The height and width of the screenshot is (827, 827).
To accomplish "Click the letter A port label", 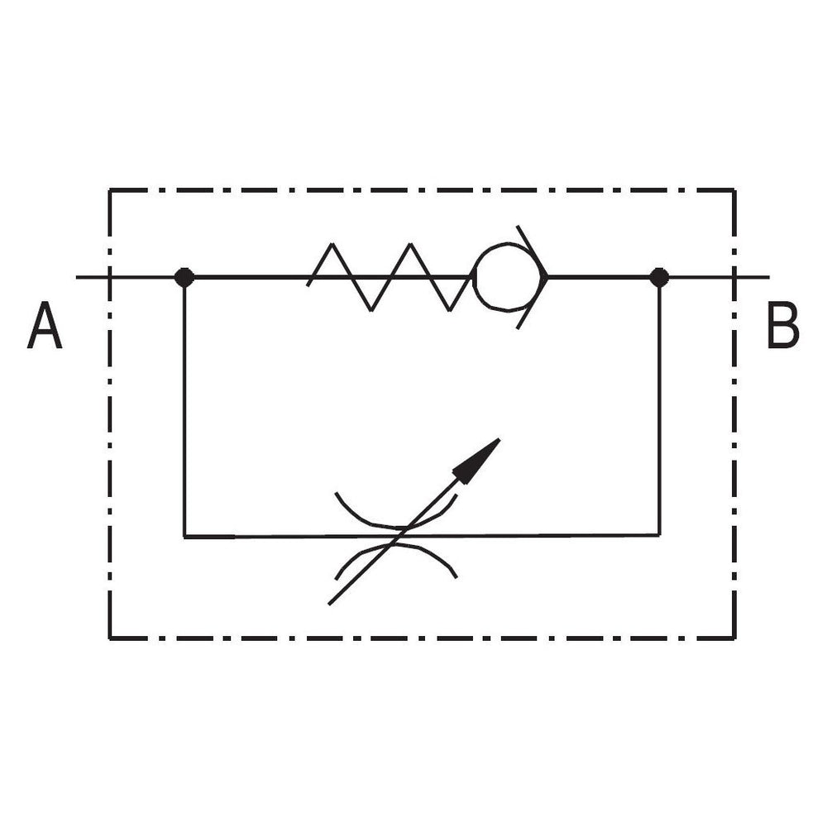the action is pyautogui.click(x=45, y=325).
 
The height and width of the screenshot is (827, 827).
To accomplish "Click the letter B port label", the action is pyautogui.click(x=782, y=325).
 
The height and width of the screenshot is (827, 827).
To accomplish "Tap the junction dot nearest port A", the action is pyautogui.click(x=184, y=277).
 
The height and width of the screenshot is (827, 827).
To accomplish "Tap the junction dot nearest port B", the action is pyautogui.click(x=659, y=277).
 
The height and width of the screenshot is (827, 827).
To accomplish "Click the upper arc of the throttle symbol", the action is pyautogui.click(x=395, y=525).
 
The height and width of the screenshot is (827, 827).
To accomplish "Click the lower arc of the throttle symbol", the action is pyautogui.click(x=395, y=547).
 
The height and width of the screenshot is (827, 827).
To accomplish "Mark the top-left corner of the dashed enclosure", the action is pyautogui.click(x=110, y=190).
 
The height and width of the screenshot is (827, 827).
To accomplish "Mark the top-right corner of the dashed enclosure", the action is pyautogui.click(x=734, y=190).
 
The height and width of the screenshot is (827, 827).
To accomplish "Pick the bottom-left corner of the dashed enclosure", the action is pyautogui.click(x=110, y=638).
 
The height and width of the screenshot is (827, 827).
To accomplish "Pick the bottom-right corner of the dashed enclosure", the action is pyautogui.click(x=734, y=638).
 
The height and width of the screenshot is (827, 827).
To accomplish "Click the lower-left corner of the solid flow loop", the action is pyautogui.click(x=184, y=537).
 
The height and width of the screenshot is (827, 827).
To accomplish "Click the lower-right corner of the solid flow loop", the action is pyautogui.click(x=659, y=535).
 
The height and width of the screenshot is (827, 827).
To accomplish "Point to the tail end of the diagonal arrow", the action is pyautogui.click(x=329, y=604).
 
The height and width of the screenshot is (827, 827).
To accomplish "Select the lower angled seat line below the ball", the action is pyautogui.click(x=532, y=303).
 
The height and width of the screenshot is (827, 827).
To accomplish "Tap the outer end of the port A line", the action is pyautogui.click(x=76, y=277).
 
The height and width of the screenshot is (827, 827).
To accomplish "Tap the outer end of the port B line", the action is pyautogui.click(x=769, y=277).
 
